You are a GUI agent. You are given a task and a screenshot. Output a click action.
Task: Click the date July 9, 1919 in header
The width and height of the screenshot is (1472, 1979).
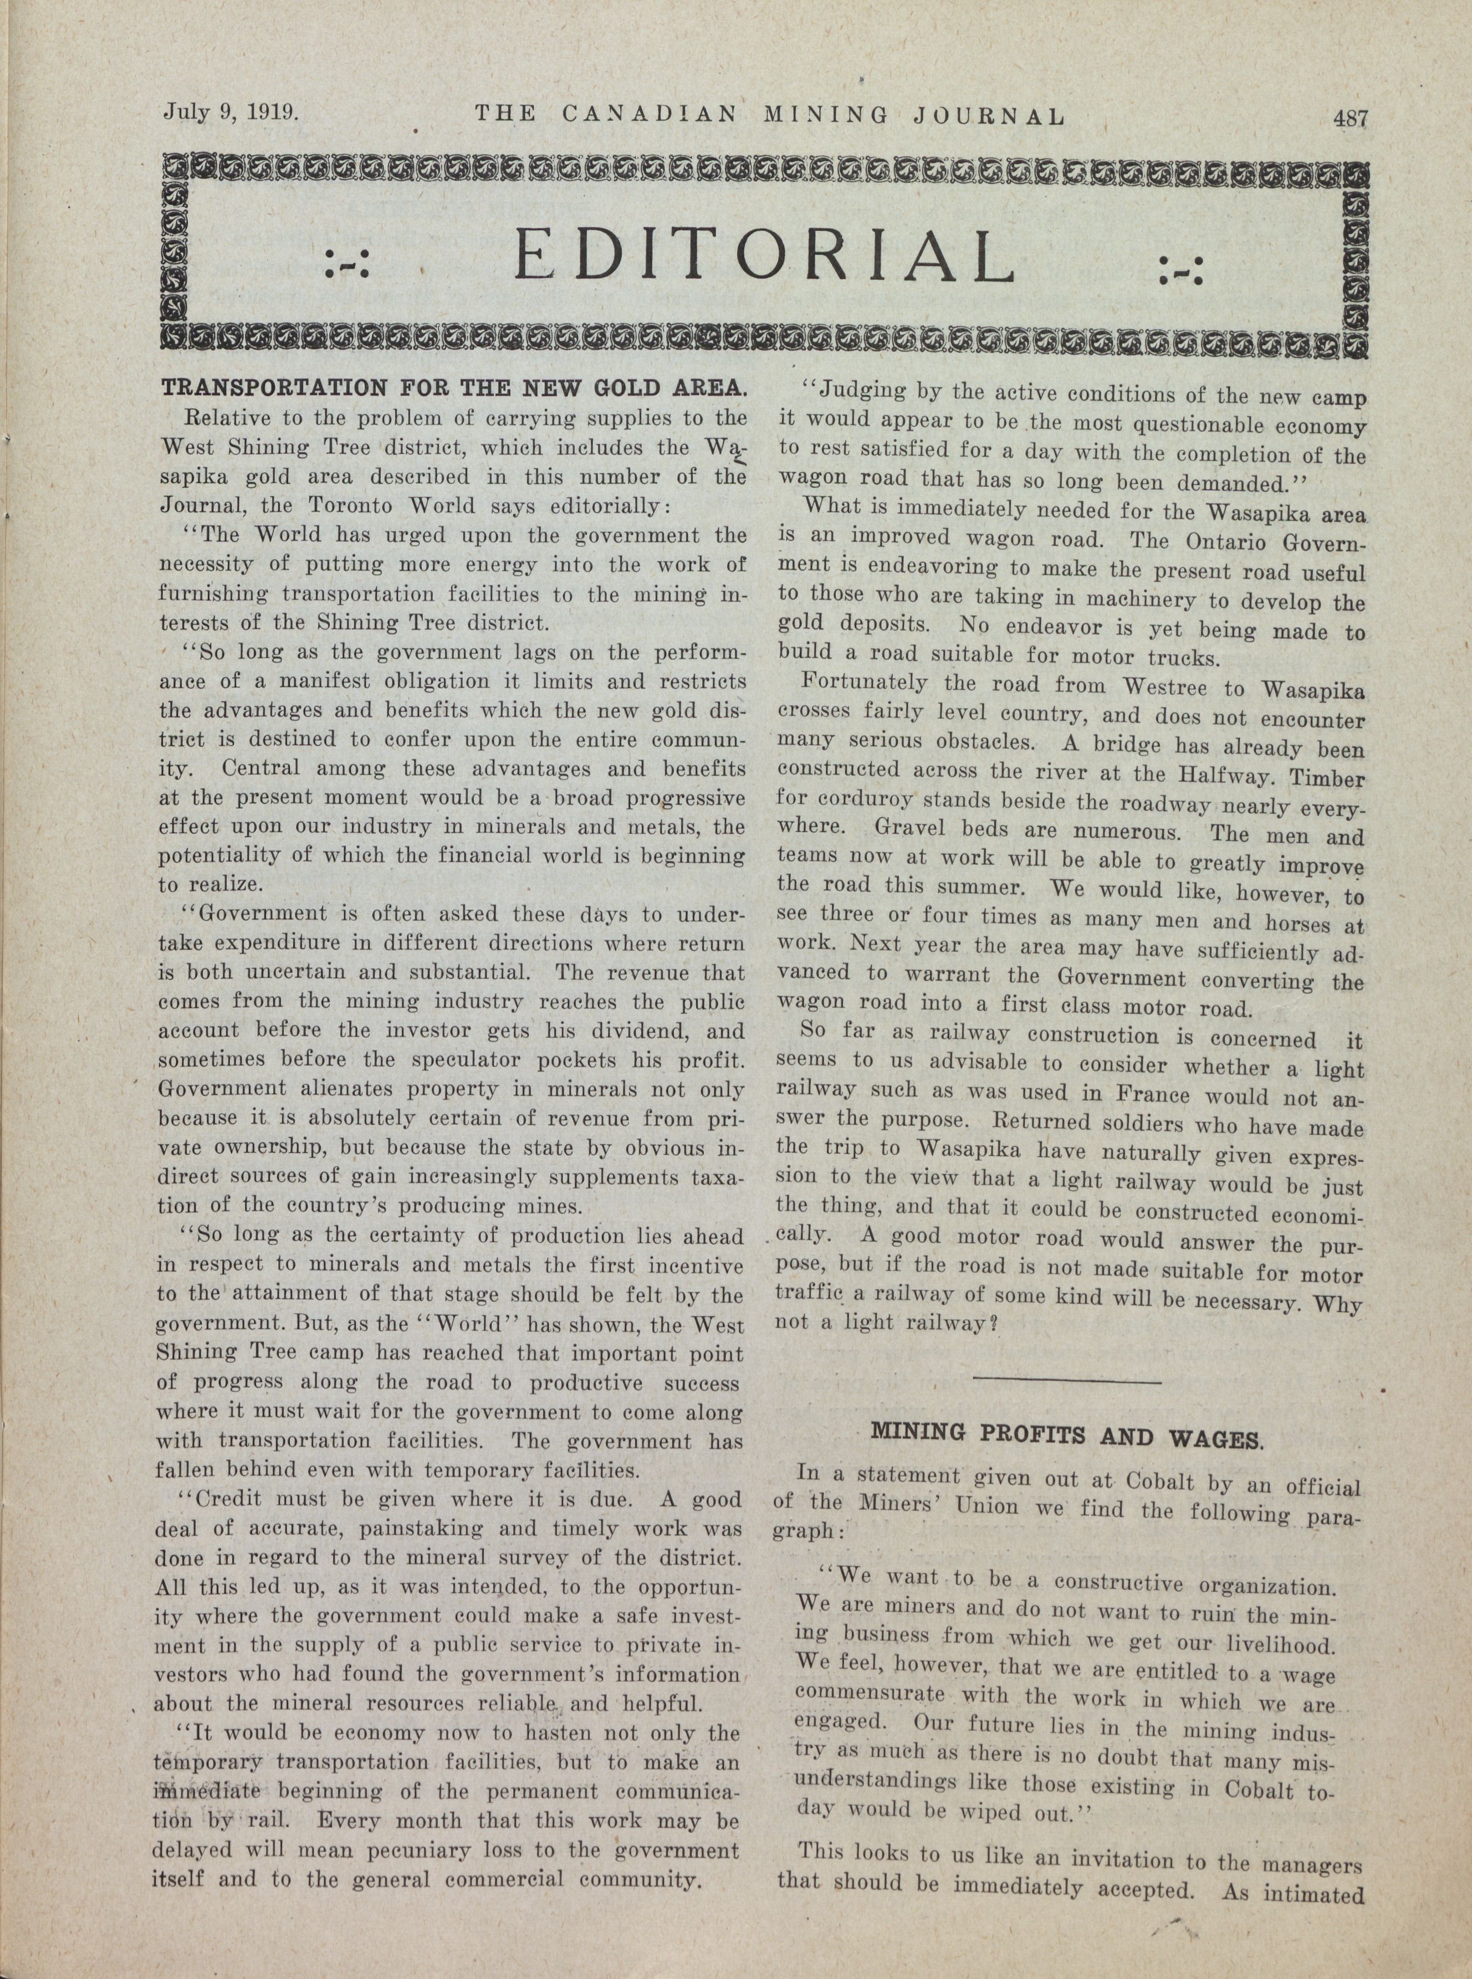coord(230,113)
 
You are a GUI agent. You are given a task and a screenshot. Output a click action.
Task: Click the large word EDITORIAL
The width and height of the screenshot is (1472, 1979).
coord(764,255)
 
